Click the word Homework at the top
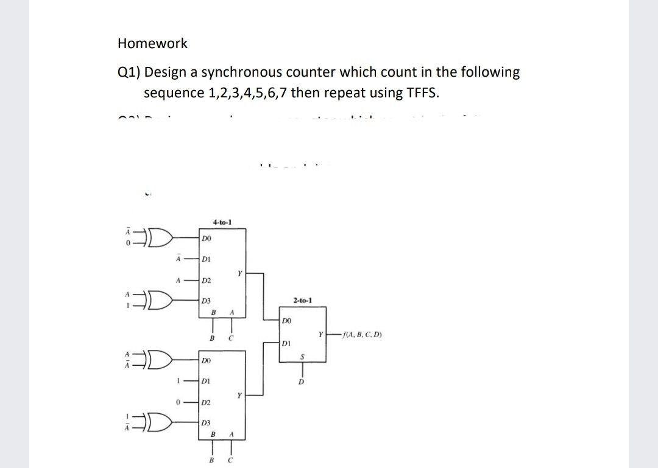click(152, 43)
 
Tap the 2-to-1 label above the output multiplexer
click(302, 301)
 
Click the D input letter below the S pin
click(300, 383)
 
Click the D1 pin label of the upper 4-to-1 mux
click(207, 258)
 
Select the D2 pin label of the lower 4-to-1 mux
click(207, 403)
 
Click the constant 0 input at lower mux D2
click(177, 402)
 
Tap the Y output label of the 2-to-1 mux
click(320, 334)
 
